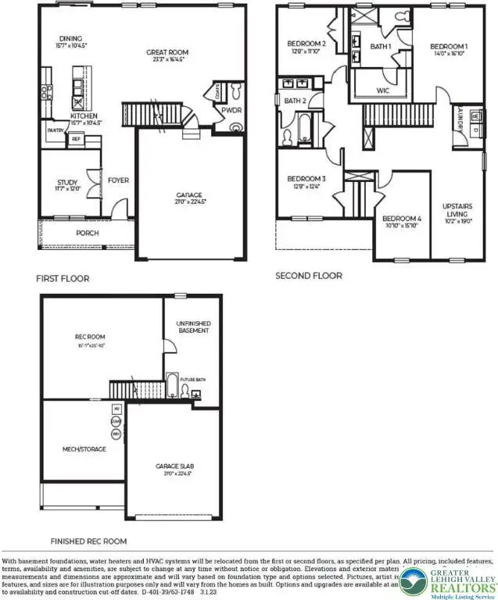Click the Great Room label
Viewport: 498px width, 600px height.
tap(168, 53)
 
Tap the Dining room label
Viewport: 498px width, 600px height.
tap(70, 37)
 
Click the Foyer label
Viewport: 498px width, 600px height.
tap(118, 180)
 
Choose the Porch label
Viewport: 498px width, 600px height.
tap(87, 233)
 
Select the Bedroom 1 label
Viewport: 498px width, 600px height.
tap(449, 47)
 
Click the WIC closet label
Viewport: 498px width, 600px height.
tap(382, 91)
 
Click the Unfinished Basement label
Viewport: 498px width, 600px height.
tap(193, 326)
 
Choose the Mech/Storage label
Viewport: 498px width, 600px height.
tap(84, 449)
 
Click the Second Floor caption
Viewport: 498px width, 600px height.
tap(308, 276)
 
